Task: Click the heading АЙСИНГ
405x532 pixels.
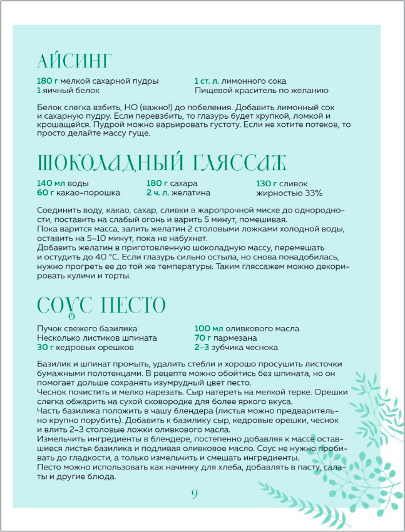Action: tap(74, 62)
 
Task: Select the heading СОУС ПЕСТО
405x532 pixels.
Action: tap(101, 306)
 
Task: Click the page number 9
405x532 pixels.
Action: tap(195, 494)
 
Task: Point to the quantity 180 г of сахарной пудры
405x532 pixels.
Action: tap(47, 81)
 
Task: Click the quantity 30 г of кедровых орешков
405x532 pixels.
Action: tap(46, 347)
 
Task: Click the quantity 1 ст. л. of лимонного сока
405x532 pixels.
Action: tap(209, 81)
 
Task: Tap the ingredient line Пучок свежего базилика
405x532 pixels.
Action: tap(87, 329)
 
